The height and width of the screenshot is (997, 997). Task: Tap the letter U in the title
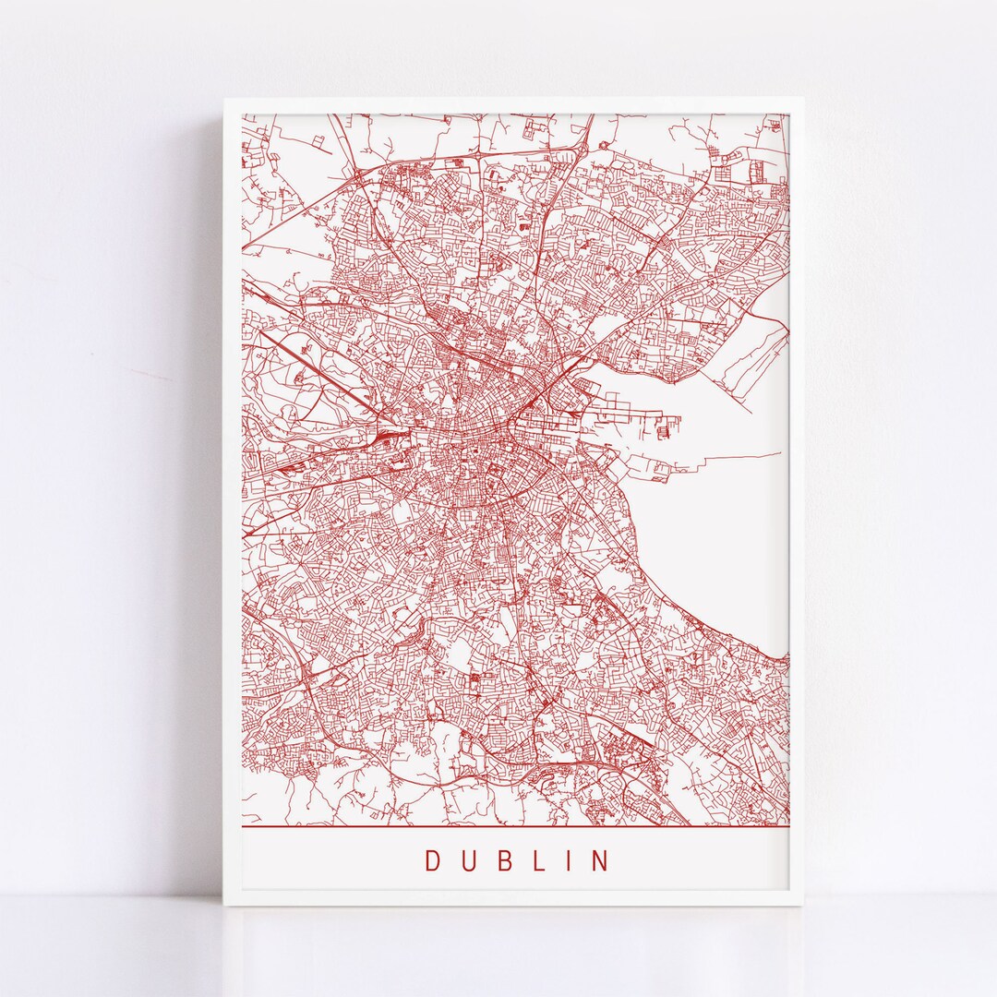[x=467, y=860]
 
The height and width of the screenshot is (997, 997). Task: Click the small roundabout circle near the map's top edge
[x=604, y=145]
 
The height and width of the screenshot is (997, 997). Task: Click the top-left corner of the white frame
[x=224, y=100]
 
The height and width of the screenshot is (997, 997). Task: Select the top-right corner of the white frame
[x=801, y=100]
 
